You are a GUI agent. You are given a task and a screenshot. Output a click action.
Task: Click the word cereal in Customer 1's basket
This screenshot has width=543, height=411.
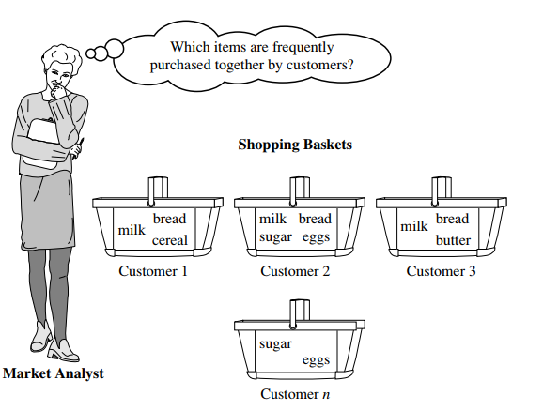(x=170, y=240)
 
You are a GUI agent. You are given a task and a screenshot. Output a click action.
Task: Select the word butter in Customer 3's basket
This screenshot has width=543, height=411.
(x=453, y=240)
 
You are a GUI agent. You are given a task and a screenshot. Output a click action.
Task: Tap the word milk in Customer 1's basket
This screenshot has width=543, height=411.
(x=132, y=229)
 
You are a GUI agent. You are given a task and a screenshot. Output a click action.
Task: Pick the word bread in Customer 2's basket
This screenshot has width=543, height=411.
(x=315, y=219)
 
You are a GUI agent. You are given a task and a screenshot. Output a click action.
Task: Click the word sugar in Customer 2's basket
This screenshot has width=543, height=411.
(x=275, y=237)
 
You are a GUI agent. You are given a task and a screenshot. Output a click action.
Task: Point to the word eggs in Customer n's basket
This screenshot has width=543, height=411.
(x=315, y=360)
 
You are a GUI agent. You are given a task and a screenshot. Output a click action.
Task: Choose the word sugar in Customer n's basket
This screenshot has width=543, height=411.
(x=275, y=343)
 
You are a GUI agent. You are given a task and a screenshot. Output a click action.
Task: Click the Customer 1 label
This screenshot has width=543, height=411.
(x=154, y=271)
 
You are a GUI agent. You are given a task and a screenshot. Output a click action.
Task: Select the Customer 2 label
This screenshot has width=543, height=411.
(x=295, y=271)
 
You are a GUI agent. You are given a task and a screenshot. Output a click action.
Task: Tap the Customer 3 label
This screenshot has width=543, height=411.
(x=441, y=271)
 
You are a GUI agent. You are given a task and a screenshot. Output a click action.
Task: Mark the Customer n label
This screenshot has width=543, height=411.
(x=295, y=394)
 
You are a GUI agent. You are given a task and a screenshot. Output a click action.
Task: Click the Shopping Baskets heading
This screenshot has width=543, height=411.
(x=295, y=145)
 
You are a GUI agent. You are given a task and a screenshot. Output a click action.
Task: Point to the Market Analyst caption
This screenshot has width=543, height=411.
(x=53, y=373)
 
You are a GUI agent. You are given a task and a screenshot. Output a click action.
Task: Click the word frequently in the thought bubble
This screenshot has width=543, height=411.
(x=301, y=46)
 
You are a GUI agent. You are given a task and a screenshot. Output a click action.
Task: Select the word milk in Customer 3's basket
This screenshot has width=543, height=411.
(x=413, y=226)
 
